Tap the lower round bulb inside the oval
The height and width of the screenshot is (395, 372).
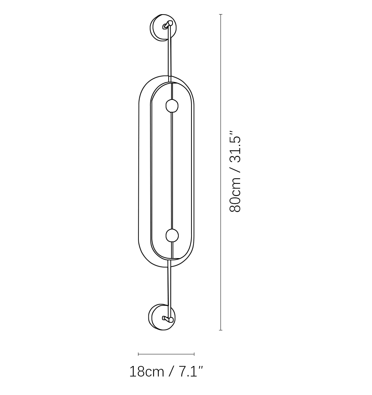tap(172, 236)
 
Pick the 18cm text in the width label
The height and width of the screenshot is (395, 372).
tap(147, 371)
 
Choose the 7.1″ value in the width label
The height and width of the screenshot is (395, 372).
tap(190, 371)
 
